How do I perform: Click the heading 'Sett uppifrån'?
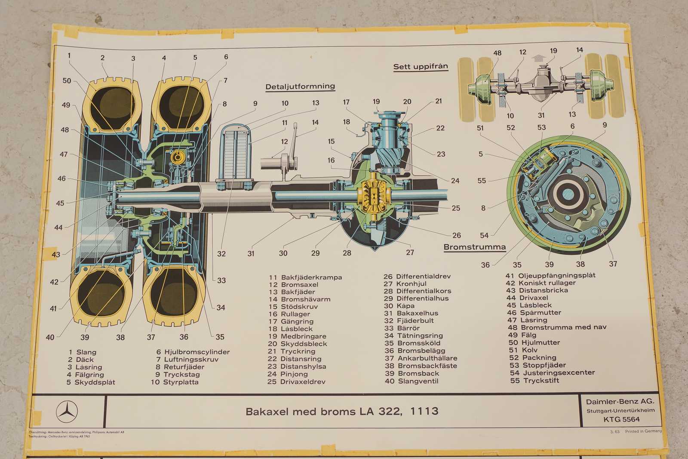coord(421,67)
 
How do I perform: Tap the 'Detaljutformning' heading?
coord(300,86)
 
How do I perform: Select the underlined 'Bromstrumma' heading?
coord(474,247)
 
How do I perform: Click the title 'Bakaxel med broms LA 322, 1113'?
coord(342,411)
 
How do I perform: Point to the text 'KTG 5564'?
coord(621,419)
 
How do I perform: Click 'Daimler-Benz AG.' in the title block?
coord(620,401)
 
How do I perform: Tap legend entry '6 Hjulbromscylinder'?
coord(193,352)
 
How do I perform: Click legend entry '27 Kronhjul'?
coord(405,283)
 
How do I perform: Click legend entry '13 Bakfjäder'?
coord(292,292)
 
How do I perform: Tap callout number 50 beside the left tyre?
coord(67,80)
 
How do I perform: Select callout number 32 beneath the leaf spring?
coord(221,253)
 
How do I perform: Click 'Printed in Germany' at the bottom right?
coord(643,431)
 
